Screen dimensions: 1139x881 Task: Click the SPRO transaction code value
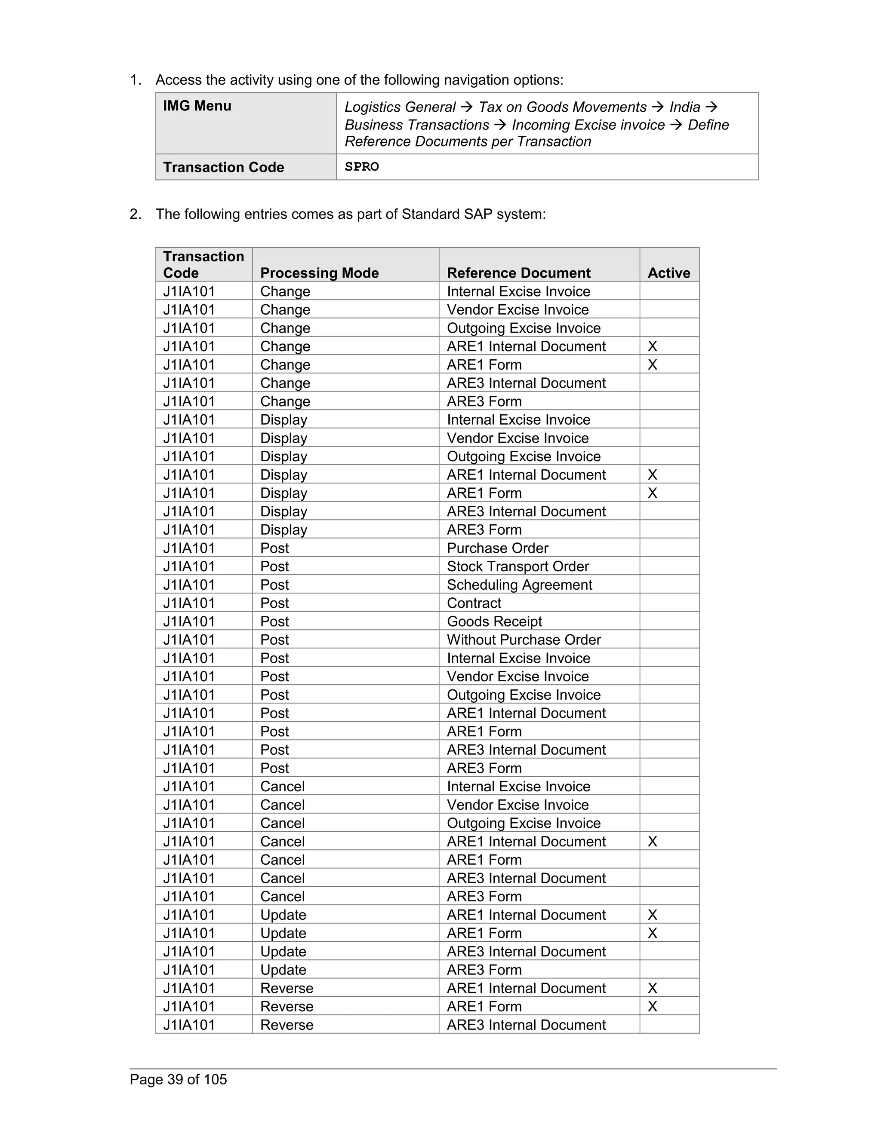362,167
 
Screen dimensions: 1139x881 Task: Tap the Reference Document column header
518,273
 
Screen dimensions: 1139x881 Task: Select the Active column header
668,273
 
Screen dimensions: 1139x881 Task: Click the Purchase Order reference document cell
497,548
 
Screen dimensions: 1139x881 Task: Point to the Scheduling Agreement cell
519,585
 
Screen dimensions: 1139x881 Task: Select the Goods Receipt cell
494,621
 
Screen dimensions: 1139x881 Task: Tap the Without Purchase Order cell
524,640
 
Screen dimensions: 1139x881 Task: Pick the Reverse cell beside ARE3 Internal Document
286,1025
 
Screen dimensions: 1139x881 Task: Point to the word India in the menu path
684,107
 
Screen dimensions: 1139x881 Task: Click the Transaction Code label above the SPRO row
223,167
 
